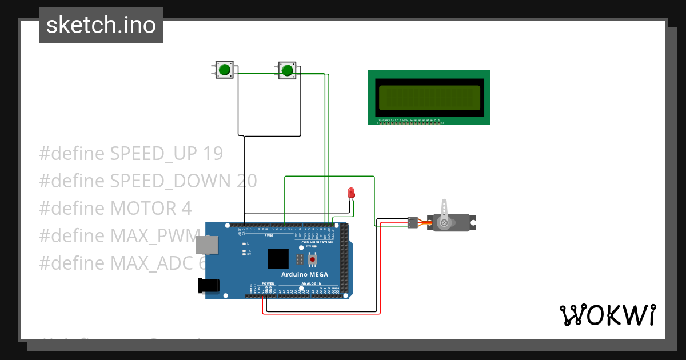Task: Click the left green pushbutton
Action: (224, 70)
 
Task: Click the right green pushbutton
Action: (287, 70)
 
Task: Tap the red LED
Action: (352, 193)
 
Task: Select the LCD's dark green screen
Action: (429, 98)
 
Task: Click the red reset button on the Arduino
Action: (312, 260)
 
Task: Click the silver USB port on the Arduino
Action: (206, 245)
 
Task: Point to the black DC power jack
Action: (208, 285)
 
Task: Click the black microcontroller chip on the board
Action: (278, 258)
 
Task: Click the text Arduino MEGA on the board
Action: (304, 274)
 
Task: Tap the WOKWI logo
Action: (607, 315)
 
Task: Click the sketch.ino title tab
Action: (101, 25)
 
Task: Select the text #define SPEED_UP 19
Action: (131, 154)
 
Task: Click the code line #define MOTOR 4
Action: (115, 209)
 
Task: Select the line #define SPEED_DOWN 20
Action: (148, 181)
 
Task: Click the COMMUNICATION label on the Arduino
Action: (317, 242)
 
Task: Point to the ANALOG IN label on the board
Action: (312, 283)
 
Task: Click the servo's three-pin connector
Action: (412, 223)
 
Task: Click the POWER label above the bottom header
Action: (268, 283)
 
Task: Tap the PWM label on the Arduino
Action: (269, 235)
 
